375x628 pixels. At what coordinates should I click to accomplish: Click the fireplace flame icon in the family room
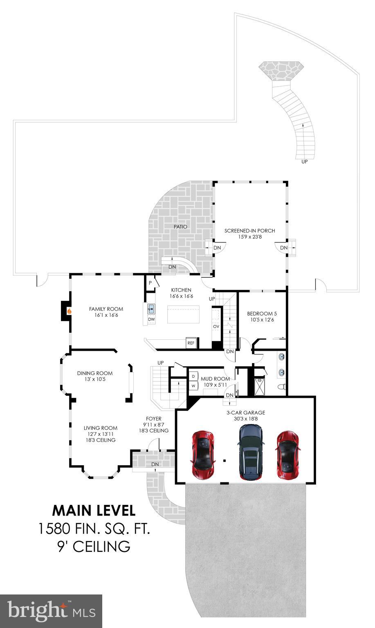70,311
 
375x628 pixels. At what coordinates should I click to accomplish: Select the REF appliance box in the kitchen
191,343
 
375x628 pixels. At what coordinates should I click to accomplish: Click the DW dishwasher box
151,319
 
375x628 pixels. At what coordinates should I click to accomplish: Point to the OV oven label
216,326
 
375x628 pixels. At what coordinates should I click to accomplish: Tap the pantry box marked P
150,283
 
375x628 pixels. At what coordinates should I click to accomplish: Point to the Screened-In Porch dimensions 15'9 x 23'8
249,237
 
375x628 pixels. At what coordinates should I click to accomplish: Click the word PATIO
180,227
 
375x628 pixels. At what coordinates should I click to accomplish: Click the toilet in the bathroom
281,386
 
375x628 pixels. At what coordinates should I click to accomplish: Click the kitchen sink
150,308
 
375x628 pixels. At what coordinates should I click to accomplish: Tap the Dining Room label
95,373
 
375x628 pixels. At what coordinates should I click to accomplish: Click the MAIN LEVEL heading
94,510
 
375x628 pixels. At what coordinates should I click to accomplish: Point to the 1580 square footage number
55,529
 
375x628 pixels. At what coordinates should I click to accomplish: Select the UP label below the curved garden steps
304,161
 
